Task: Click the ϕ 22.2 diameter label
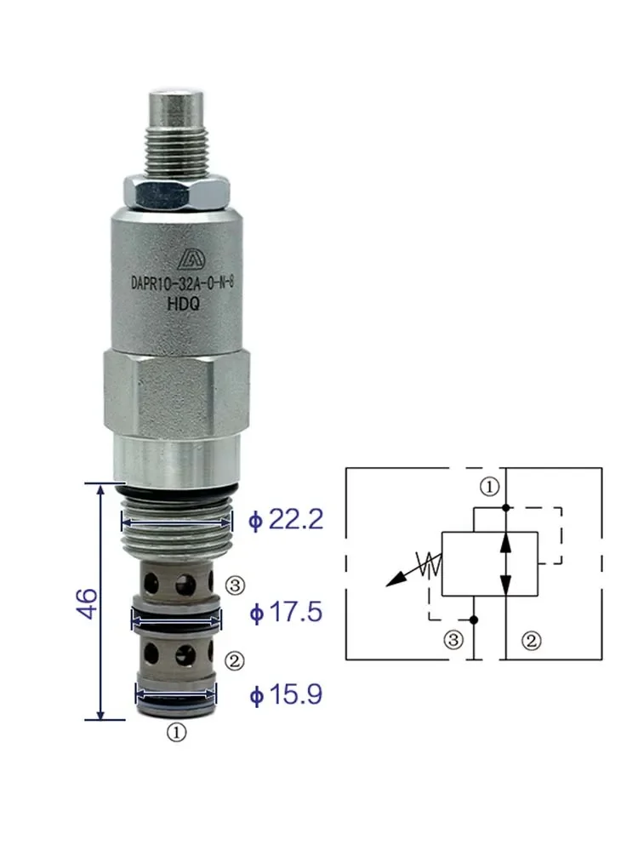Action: coord(286,519)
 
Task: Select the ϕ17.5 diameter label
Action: coord(286,612)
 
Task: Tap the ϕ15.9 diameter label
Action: coord(286,694)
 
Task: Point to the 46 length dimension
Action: coord(87,603)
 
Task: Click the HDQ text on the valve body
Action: coord(184,304)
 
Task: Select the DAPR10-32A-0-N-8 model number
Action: coord(182,283)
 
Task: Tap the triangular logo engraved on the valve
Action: coord(190,259)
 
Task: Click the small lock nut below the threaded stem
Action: coord(177,192)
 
